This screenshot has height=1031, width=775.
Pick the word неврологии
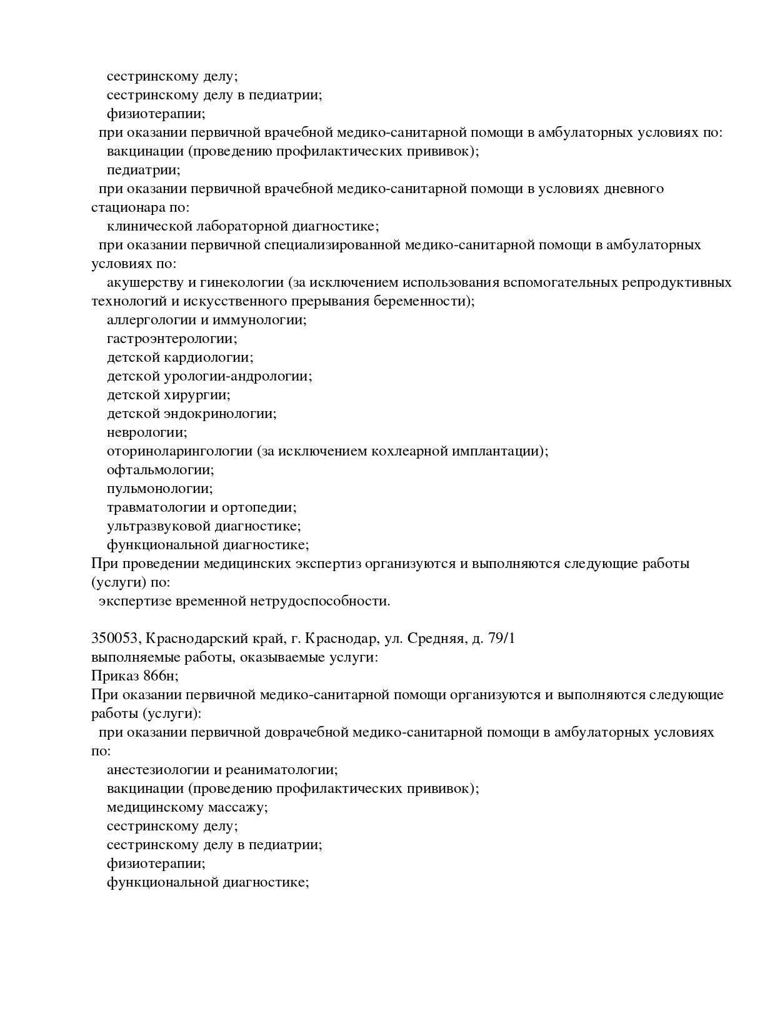point(146,432)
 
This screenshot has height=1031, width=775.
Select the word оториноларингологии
point(179,451)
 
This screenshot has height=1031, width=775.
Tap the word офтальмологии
point(160,470)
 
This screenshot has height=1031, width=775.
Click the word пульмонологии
point(159,489)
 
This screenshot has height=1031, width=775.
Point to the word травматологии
point(157,507)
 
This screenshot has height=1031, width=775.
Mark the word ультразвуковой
point(158,526)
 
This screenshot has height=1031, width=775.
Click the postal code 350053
point(116,639)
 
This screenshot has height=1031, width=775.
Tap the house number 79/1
point(499,639)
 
